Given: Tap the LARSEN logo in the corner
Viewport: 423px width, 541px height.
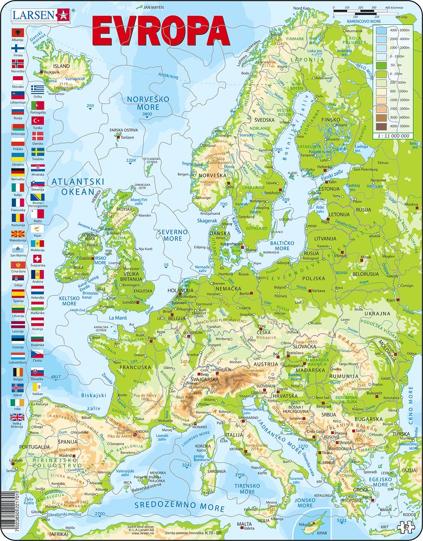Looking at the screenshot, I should coord(33,15).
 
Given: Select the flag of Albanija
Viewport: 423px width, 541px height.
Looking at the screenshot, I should coord(17,34).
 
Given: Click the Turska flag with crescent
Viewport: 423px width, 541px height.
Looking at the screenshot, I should coord(37,120).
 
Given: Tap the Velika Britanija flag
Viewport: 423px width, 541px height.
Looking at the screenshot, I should coord(17,417).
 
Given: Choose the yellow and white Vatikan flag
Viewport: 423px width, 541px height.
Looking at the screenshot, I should coord(37,388).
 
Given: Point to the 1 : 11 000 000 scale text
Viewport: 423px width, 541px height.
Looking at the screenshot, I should coord(391,135).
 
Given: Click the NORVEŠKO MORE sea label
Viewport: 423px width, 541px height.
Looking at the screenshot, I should coord(140,103).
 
